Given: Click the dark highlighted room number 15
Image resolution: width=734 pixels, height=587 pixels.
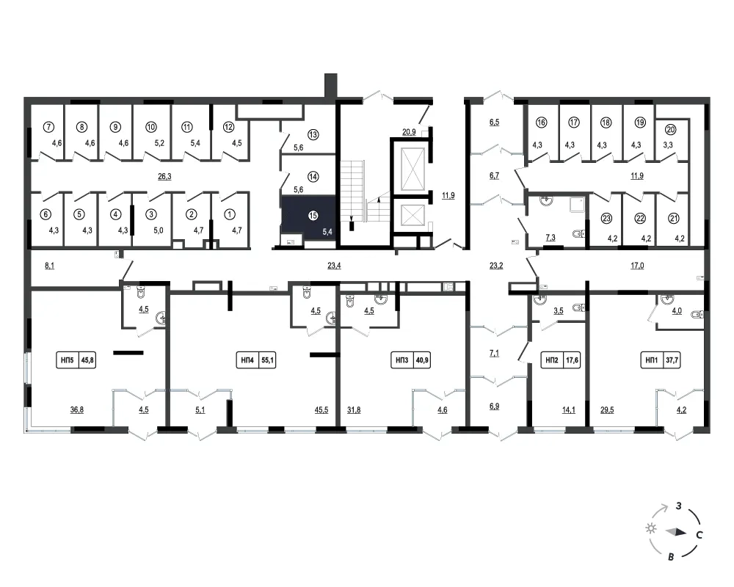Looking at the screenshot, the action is tap(313, 215).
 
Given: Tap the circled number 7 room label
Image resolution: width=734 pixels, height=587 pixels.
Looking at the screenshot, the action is tap(48, 127).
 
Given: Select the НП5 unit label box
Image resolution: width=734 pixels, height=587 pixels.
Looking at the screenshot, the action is tap(76, 360).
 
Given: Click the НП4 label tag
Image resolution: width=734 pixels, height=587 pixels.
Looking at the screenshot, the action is tap(255, 360).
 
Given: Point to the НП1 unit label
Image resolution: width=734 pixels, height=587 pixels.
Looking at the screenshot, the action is tap(661, 360).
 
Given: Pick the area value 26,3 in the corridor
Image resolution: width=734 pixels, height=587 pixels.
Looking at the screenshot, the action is tap(164, 177).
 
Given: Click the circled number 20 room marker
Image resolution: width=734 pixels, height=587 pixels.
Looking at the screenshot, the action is tap(670, 130).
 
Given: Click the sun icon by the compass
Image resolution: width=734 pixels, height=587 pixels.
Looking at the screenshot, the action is tap(650, 528).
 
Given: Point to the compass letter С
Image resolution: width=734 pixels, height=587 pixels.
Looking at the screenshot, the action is tap(699, 535).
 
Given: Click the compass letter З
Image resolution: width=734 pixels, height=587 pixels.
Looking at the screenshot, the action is tap(678, 506).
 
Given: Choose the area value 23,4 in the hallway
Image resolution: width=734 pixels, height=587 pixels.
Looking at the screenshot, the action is tap(334, 266).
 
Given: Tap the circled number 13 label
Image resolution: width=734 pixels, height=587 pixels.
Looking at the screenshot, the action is tap(313, 134).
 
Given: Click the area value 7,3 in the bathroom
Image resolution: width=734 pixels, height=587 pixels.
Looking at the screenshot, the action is tap(550, 238).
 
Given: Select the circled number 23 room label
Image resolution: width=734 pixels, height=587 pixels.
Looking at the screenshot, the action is tap(606, 218).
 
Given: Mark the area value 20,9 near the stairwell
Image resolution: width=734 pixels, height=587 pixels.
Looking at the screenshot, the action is tap(409, 132).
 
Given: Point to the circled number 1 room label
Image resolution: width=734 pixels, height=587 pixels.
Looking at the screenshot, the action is tap(229, 214).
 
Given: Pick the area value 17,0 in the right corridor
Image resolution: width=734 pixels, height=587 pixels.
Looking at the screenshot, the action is tap(637, 266).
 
